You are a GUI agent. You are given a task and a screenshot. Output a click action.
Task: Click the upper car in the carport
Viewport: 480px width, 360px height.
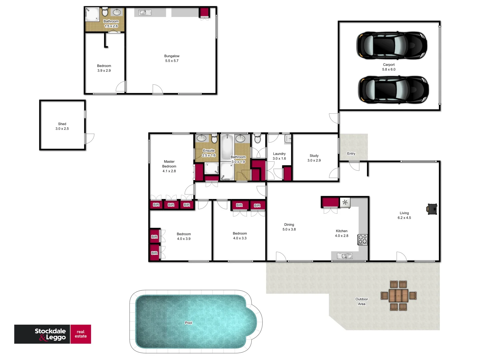click(392, 45)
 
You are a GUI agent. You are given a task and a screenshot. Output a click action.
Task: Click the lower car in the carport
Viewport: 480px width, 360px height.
click(393, 89)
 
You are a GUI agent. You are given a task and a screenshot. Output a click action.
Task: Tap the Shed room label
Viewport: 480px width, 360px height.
click(62, 126)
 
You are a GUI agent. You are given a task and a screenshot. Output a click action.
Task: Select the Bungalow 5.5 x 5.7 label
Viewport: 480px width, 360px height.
click(172, 58)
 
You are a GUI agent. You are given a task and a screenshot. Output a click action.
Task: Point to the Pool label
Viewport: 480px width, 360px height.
click(188, 323)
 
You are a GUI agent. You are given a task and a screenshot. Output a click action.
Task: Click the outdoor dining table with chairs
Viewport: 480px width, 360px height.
click(398, 295)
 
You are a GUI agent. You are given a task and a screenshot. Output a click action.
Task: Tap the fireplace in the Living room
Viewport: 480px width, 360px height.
click(432, 209)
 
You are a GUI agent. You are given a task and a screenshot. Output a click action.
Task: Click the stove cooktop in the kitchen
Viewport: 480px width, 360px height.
click(362, 239)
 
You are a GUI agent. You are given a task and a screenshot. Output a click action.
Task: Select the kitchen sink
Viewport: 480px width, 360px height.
click(344, 256)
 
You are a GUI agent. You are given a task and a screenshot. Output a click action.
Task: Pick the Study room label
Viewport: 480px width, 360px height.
click(314, 158)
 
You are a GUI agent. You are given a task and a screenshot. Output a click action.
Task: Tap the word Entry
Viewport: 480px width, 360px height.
click(351, 154)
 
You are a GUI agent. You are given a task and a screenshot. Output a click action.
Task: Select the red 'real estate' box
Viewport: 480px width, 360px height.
click(81, 334)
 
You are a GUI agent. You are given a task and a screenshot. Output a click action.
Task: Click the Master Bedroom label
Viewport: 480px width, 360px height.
click(169, 166)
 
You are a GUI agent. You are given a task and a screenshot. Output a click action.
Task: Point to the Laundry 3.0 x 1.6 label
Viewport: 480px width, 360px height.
click(279, 156)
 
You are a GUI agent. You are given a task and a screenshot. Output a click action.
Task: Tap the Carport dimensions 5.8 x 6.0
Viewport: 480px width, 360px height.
click(389, 69)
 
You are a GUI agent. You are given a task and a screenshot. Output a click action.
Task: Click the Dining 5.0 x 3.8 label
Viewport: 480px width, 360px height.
click(289, 227)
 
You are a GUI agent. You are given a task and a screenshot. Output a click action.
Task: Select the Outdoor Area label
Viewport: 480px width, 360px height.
click(362, 301)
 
